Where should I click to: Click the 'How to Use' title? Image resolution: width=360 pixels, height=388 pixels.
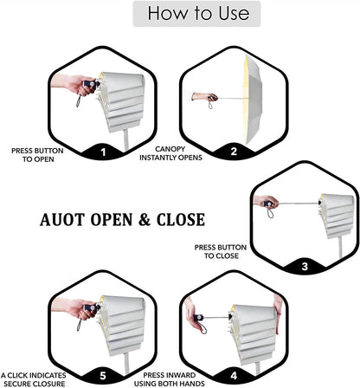tap(198, 13)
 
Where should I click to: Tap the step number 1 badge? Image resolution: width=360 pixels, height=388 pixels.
tap(103, 152)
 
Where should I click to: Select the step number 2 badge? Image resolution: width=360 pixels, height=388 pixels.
tap(234, 152)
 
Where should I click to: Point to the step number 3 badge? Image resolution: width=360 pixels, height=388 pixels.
tap(305, 266)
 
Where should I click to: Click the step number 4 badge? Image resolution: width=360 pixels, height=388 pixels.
tap(234, 376)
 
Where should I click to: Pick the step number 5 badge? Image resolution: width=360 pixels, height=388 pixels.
tap(103, 376)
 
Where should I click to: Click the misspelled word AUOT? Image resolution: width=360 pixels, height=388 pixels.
tap(62, 220)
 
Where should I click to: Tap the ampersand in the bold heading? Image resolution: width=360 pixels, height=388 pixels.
tap(145, 220)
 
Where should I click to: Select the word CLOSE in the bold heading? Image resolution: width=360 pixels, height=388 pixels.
tap(181, 220)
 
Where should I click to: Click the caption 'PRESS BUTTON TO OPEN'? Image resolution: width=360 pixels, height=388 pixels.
tap(37, 155)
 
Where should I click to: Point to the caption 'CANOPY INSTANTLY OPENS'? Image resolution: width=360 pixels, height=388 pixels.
tap(170, 153)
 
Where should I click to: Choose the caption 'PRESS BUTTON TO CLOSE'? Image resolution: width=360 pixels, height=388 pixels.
tap(221, 251)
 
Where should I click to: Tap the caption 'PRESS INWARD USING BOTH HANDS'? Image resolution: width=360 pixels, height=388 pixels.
tap(170, 379)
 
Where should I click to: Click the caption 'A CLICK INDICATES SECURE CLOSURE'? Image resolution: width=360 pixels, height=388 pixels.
tap(34, 379)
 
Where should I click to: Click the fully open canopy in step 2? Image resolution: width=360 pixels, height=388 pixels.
tap(254, 100)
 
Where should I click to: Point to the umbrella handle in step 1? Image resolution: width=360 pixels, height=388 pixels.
tap(91, 84)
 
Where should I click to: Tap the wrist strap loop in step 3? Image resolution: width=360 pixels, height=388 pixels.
tap(270, 214)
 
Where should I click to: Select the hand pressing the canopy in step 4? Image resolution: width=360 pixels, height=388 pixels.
tap(279, 314)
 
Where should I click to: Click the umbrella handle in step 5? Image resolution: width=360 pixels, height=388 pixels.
tap(91, 307)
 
